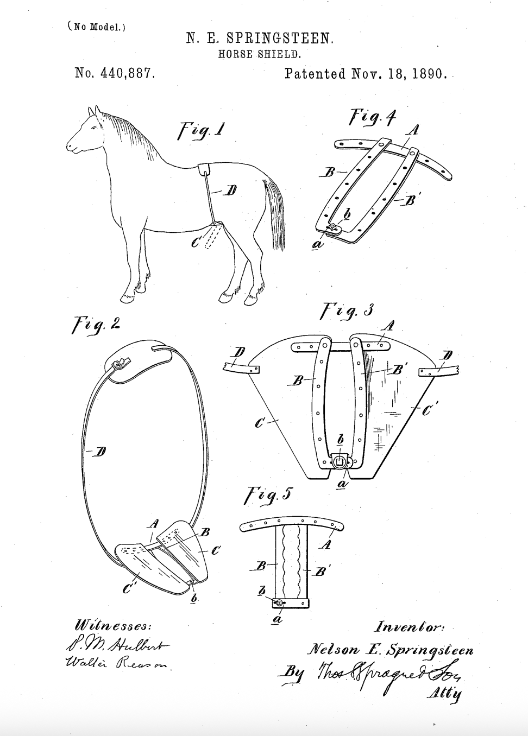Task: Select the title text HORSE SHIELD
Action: point(259,54)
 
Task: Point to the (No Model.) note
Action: point(97,27)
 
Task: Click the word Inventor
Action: point(409,627)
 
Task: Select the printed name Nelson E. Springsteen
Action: point(389,649)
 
